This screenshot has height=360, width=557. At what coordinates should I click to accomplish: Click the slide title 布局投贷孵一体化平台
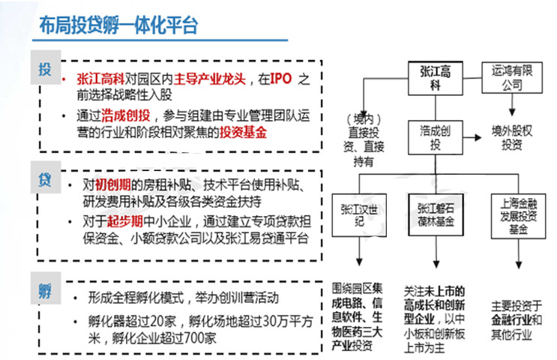click(x=118, y=25)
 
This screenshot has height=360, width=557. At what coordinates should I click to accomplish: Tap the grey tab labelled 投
click(x=46, y=67)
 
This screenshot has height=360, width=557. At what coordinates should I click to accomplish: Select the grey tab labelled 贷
click(x=46, y=177)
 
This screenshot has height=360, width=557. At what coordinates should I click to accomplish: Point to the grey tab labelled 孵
click(x=46, y=288)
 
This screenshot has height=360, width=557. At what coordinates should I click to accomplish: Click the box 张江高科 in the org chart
click(x=435, y=78)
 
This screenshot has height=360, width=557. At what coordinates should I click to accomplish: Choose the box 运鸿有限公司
click(x=512, y=78)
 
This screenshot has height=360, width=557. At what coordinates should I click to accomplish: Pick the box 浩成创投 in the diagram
click(x=435, y=137)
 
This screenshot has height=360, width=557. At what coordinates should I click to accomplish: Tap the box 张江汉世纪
click(x=359, y=215)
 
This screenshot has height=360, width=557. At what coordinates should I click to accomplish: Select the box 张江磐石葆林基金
click(x=436, y=214)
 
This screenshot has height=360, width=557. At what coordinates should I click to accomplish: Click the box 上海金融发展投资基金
click(x=518, y=216)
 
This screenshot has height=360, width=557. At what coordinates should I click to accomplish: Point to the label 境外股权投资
click(x=512, y=137)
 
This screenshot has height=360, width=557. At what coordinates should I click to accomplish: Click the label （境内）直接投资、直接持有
click(x=364, y=140)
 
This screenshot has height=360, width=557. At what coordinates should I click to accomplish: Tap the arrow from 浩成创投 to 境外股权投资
click(x=472, y=137)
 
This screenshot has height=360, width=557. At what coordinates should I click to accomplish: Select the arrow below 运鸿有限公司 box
click(x=512, y=104)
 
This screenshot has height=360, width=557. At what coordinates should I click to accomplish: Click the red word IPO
click(x=281, y=79)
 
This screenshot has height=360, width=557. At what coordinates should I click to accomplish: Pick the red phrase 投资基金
click(x=243, y=132)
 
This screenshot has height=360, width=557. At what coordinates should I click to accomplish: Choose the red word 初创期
click(x=113, y=184)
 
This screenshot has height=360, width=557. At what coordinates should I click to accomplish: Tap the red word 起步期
click(x=125, y=221)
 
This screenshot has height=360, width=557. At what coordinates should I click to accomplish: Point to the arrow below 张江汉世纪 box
click(x=359, y=251)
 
